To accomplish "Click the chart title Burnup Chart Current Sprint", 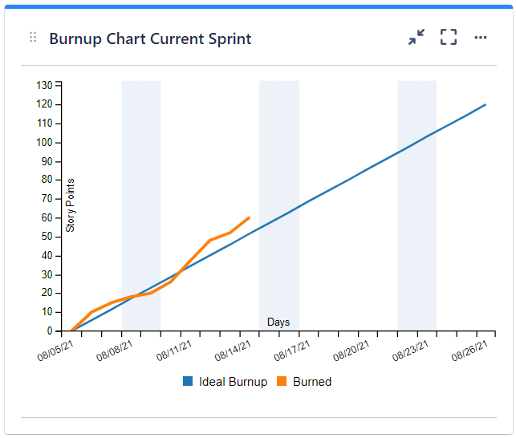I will coord(150,39).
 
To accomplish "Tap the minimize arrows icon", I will coord(416,37).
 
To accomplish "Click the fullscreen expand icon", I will coord(448,37).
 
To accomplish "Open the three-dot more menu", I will coord(480,38).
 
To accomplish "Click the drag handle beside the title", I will coord(33,38).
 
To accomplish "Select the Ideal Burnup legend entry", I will coord(233,382).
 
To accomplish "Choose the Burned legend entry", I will coord(311,382).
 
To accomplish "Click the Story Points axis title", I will coord(71,205).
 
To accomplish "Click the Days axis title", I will coord(278,322).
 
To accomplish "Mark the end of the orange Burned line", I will coord(249,217).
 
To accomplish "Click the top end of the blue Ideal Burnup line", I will coord(486,104).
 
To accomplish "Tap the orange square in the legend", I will coord(282,382).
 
